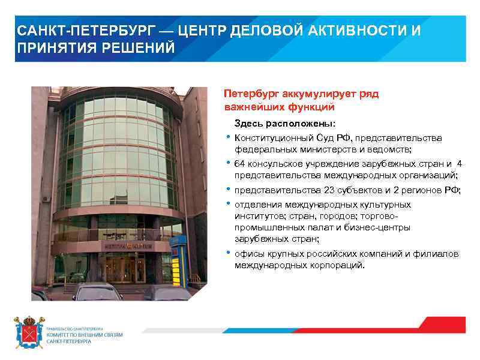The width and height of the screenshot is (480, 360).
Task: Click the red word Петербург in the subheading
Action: [x=251, y=95]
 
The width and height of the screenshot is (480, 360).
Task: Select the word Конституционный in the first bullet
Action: [x=270, y=138]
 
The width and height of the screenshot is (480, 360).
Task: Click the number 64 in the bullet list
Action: [x=240, y=164]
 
